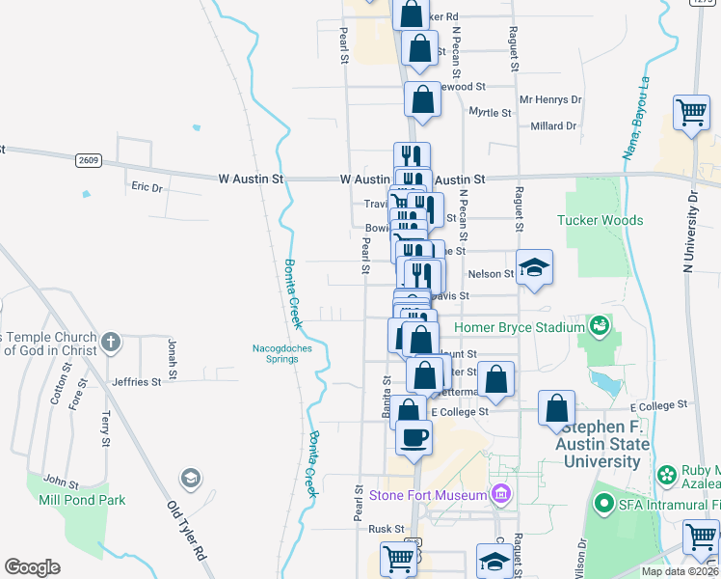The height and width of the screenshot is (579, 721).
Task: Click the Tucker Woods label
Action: coord(600,220)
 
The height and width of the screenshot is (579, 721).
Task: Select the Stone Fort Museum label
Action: coord(429,495)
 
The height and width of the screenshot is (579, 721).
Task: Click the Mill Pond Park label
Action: coord(68,500)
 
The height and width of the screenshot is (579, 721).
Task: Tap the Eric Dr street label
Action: coord(147,186)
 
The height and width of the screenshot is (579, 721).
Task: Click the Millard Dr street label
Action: coord(553,125)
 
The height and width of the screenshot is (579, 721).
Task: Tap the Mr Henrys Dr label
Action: coord(550,99)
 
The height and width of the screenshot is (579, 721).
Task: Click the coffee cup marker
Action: coord(414,436)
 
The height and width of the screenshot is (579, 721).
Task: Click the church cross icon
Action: coord(112,342)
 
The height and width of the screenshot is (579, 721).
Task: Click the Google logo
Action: coord(32,567)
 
